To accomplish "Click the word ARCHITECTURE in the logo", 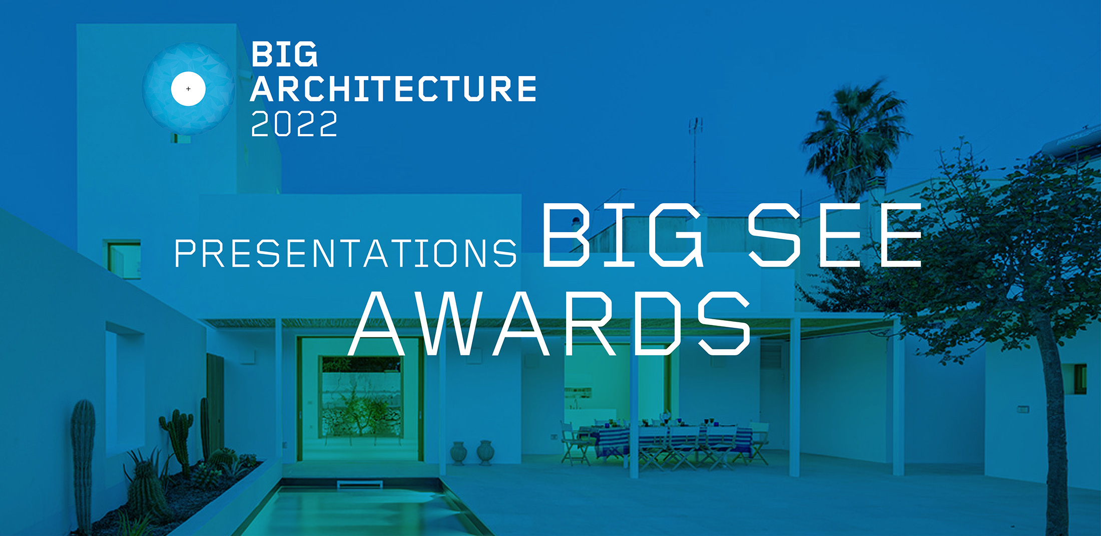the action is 393,89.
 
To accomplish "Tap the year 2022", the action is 294,124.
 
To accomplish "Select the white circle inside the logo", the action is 188,89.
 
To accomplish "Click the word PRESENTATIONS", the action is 345,253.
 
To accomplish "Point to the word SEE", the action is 835,235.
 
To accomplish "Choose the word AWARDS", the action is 549,323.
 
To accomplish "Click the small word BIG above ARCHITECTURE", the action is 284,54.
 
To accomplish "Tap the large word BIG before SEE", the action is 623,235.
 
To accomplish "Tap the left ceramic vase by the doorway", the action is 458,453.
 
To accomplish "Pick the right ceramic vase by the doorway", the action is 485,452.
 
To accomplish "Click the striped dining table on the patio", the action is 666,440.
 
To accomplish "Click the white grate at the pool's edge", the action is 360,484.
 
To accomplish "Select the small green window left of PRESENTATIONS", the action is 122,259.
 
